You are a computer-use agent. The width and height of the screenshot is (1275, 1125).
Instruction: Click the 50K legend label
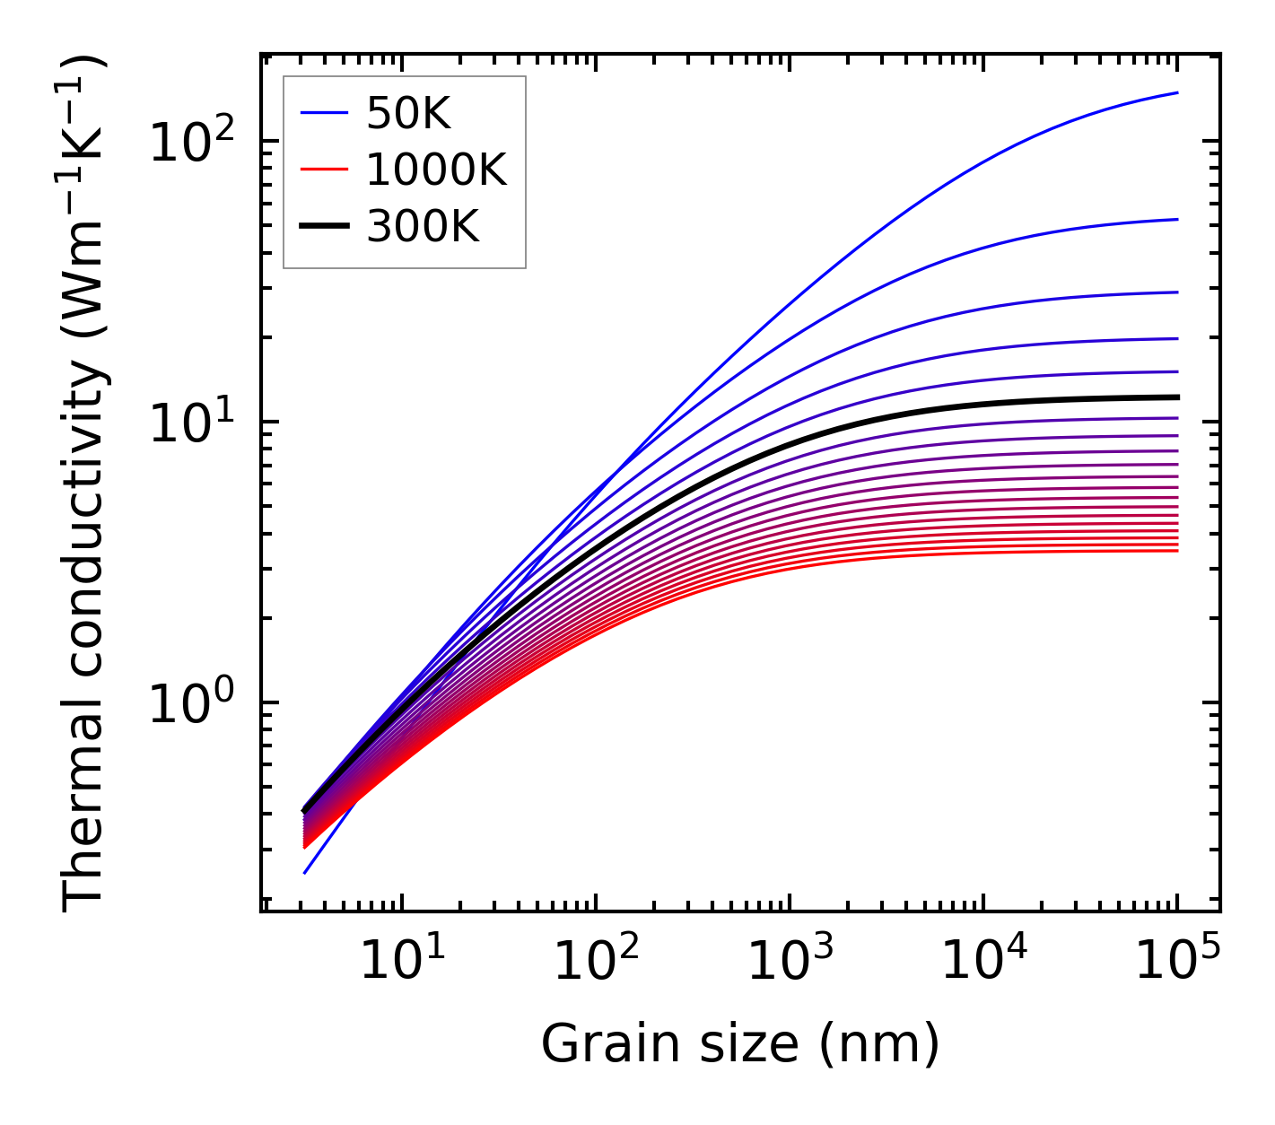pyautogui.click(x=408, y=113)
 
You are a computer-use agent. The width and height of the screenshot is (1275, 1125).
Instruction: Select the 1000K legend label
pyautogui.click(x=436, y=170)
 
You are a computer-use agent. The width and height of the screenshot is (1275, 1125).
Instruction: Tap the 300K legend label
pyautogui.click(x=423, y=228)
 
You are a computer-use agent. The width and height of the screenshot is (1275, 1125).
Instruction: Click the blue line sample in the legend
pyautogui.click(x=324, y=113)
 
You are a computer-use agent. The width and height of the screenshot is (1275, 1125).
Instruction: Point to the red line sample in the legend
pyautogui.click(x=324, y=170)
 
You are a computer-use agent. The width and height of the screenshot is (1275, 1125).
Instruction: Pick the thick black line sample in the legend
pyautogui.click(x=324, y=228)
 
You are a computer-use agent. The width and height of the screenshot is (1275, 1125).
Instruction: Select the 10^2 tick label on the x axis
pyautogui.click(x=596, y=961)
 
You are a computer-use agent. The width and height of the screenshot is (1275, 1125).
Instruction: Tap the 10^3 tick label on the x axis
pyautogui.click(x=790, y=961)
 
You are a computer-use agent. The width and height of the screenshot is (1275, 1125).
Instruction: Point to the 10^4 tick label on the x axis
pyautogui.click(x=983, y=961)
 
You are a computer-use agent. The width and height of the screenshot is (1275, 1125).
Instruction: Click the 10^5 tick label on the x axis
pyautogui.click(x=1177, y=961)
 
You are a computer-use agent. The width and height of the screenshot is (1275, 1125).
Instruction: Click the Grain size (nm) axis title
pyautogui.click(x=740, y=1044)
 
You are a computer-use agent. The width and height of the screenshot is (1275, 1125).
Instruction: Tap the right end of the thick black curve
pyautogui.click(x=1177, y=397)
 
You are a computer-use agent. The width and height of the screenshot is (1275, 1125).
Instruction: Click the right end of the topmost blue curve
pyautogui.click(x=1177, y=92)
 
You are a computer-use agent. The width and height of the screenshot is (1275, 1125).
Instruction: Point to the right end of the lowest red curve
pyautogui.click(x=1177, y=550)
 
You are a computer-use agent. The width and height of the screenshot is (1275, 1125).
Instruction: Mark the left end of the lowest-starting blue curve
pyautogui.click(x=305, y=873)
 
